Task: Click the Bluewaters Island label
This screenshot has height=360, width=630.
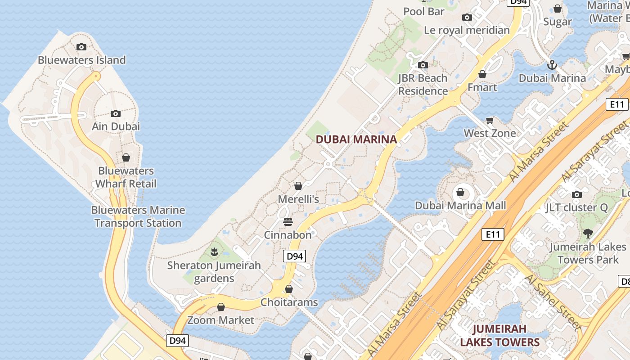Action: (81, 60)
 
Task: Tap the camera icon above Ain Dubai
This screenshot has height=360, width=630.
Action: (116, 113)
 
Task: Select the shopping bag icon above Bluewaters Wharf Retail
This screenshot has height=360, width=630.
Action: (126, 157)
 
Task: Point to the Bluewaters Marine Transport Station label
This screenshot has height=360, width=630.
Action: (138, 216)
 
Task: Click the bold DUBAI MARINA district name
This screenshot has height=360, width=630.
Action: (356, 139)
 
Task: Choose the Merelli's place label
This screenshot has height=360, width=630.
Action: (298, 199)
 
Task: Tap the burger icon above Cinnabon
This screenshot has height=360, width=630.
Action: (288, 222)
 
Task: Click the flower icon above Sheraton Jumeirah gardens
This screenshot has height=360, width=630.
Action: (214, 252)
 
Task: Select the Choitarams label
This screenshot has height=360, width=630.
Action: (289, 302)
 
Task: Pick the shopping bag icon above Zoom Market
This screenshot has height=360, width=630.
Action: (220, 307)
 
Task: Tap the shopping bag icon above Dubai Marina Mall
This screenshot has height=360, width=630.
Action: (460, 192)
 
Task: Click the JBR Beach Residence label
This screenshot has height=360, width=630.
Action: (423, 85)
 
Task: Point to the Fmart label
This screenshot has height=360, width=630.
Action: (482, 87)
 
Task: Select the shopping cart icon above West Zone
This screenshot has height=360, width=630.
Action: (490, 120)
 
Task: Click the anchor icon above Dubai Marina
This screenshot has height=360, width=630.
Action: (552, 65)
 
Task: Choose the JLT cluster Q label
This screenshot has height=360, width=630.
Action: (576, 207)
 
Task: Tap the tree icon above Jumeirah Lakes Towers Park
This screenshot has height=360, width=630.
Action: (588, 234)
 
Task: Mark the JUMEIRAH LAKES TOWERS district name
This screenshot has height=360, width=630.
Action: (499, 335)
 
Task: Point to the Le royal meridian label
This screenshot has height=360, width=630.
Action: (467, 30)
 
